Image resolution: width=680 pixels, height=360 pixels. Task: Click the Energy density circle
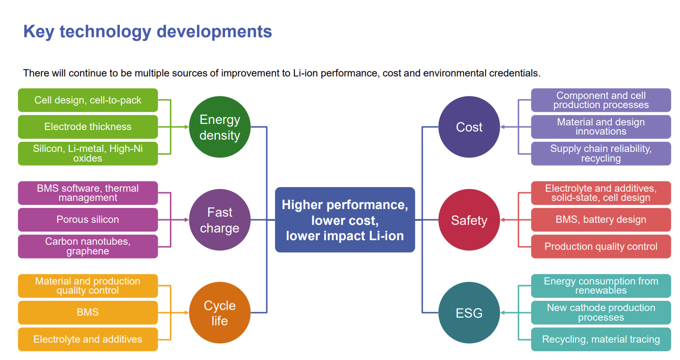pyautogui.click(x=220, y=127)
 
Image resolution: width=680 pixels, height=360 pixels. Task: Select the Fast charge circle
pyautogui.click(x=220, y=220)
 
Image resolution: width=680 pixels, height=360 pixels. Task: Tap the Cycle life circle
pyautogui.click(x=220, y=313)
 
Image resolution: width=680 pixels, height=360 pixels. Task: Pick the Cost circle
pyautogui.click(x=469, y=127)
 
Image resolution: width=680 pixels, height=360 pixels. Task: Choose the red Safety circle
pyautogui.click(x=469, y=220)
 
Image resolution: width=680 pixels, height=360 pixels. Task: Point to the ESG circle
pyautogui.click(x=469, y=313)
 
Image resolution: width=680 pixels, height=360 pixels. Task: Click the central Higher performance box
pyautogui.click(x=345, y=220)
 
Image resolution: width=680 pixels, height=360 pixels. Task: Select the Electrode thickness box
pyautogui.click(x=88, y=126)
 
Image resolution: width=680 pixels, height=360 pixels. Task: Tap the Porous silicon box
pyautogui.click(x=88, y=219)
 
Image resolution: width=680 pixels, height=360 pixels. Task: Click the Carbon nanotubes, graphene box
pyautogui.click(x=88, y=246)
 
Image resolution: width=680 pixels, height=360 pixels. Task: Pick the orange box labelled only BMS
pyautogui.click(x=88, y=313)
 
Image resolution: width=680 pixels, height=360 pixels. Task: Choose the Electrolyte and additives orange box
pyautogui.click(x=88, y=339)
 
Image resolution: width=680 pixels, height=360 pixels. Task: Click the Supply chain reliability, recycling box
pyautogui.click(x=601, y=153)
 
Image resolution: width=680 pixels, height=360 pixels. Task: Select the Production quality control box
pyautogui.click(x=601, y=246)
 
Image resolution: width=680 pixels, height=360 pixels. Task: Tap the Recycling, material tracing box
pyautogui.click(x=601, y=339)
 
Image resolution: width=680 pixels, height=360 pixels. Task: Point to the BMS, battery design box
pyautogui.click(x=601, y=219)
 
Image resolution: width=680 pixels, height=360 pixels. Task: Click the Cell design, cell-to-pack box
pyautogui.click(x=88, y=100)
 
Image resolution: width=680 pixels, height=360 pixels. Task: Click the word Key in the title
pyautogui.click(x=39, y=32)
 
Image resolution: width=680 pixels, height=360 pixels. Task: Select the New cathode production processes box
pyautogui.click(x=601, y=313)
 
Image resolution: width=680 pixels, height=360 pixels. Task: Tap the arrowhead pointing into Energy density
pyautogui.click(x=186, y=127)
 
